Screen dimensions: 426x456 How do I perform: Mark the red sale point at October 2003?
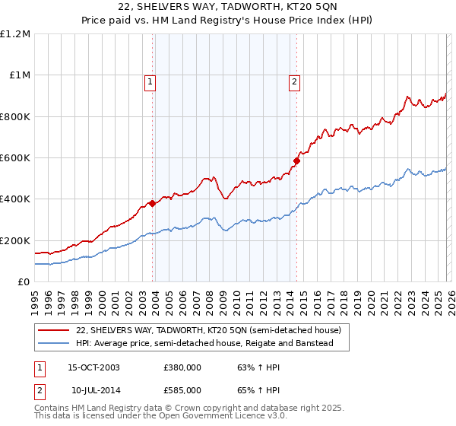coord(153,203)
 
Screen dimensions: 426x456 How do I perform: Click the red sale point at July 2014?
coord(297,161)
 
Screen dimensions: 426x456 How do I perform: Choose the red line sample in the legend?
coord(55,331)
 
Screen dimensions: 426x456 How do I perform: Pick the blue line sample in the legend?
coord(55,344)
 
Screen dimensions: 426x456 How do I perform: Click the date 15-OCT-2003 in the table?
coord(93,367)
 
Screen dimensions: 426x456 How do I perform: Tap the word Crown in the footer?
coord(188,408)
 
